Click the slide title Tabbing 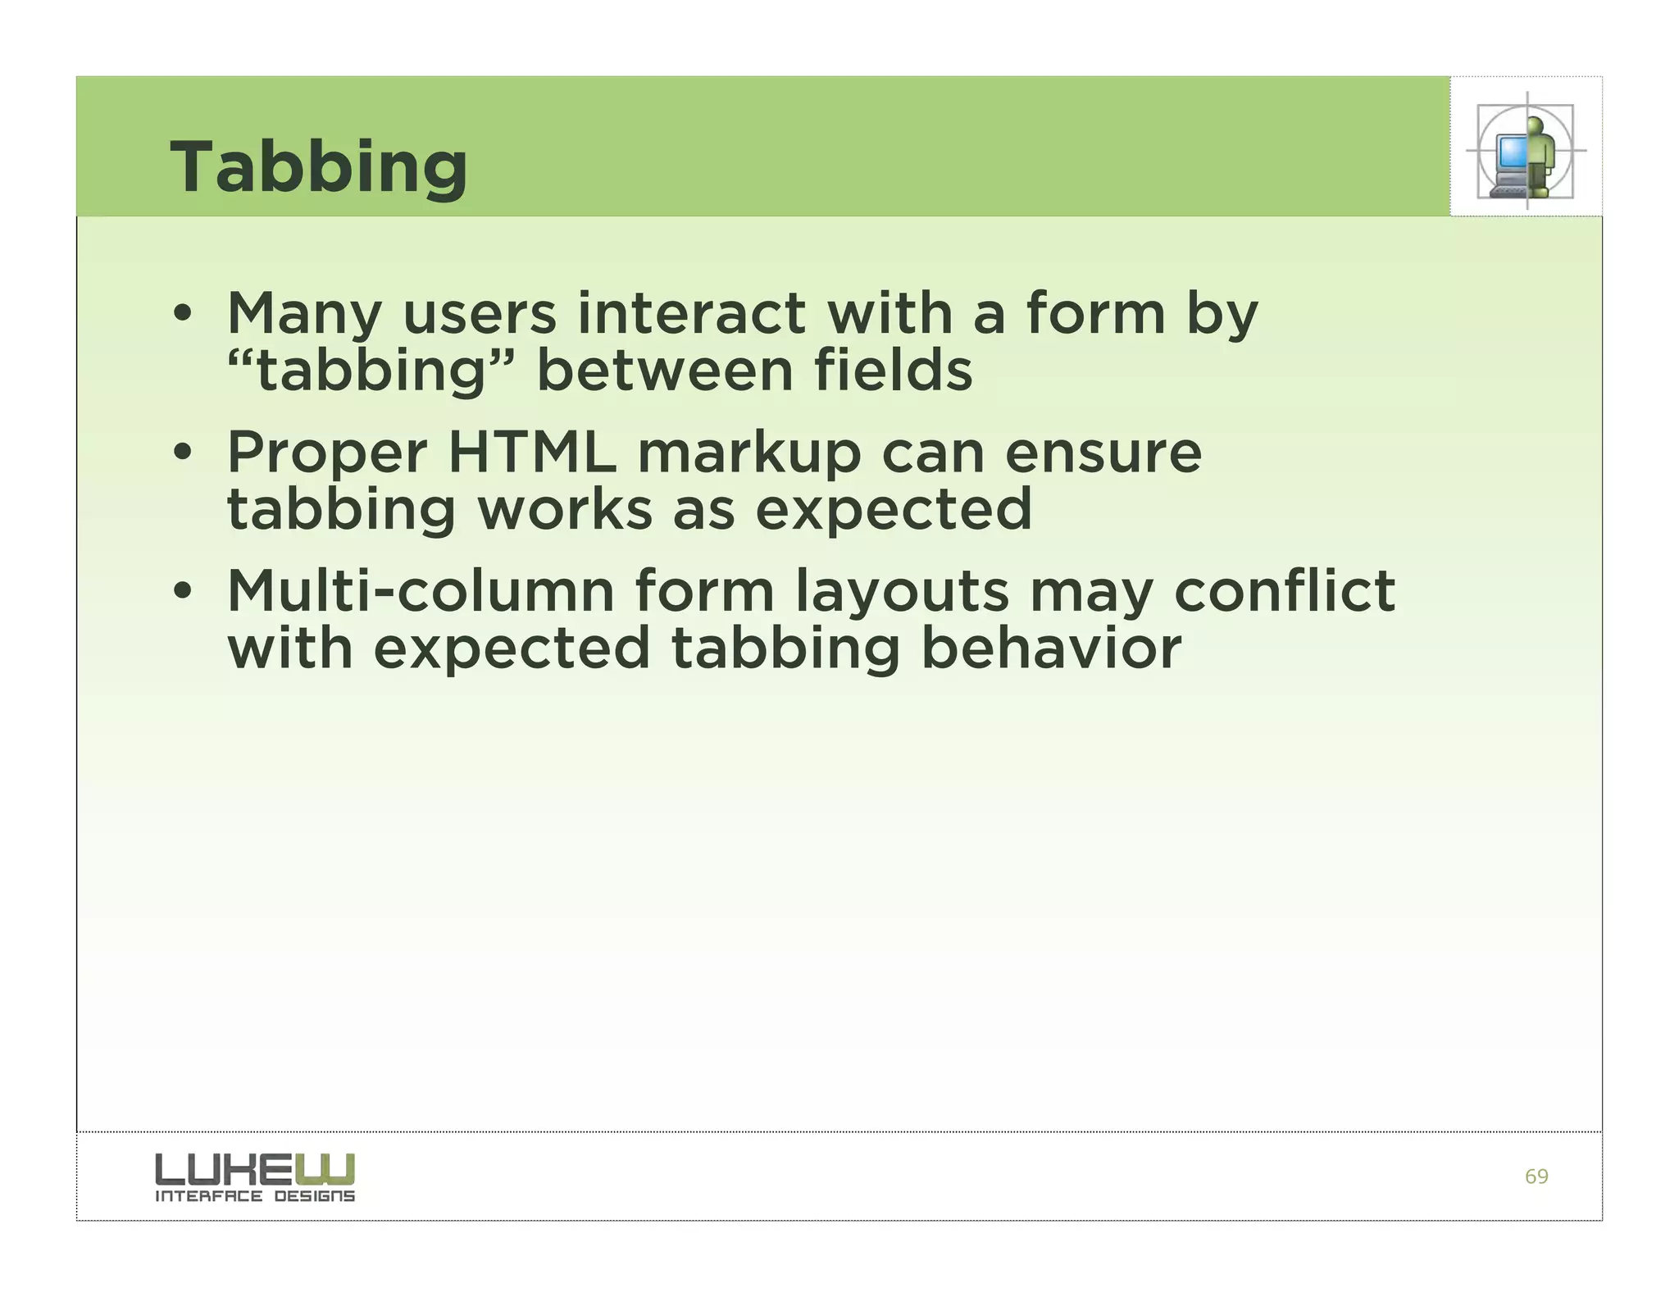coord(318,167)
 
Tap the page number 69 coord(1536,1176)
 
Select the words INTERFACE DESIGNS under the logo coord(255,1197)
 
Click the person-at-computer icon coord(1525,152)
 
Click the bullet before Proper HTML coord(182,453)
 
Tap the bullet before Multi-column coord(182,591)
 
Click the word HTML coord(532,453)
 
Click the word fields coord(893,370)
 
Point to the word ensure coord(1103,454)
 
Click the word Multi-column coord(421,591)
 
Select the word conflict coord(1284,591)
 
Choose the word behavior coord(1050,648)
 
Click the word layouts coord(902,593)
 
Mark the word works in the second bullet coord(565,510)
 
